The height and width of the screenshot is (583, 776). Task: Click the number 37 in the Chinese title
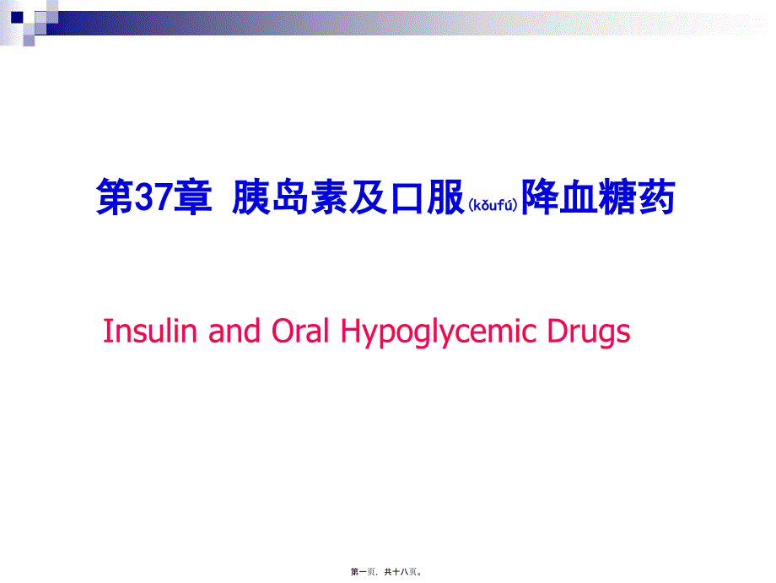[x=154, y=197]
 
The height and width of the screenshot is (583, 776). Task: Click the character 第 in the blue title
[x=116, y=197]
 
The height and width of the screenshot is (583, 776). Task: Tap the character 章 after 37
[x=193, y=197]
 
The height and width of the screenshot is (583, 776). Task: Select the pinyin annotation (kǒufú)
[x=493, y=205]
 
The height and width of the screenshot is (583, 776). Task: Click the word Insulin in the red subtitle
[x=150, y=331]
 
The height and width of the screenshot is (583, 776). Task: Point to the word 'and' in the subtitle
[x=234, y=331]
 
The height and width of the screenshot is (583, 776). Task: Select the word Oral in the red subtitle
[x=300, y=331]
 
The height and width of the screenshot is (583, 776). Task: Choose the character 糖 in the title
[x=617, y=197]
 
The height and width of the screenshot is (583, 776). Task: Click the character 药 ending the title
[x=657, y=197]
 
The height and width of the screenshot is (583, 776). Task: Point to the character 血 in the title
[x=579, y=197]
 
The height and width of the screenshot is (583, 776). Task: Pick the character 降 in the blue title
[x=541, y=197]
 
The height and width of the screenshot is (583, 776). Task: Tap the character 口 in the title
[x=407, y=197]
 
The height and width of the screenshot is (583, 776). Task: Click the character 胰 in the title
[x=251, y=197]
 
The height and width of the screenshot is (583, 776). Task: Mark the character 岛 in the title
[x=290, y=197]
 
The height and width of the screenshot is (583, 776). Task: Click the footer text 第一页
[x=363, y=572]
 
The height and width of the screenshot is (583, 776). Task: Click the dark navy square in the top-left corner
[x=17, y=18]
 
